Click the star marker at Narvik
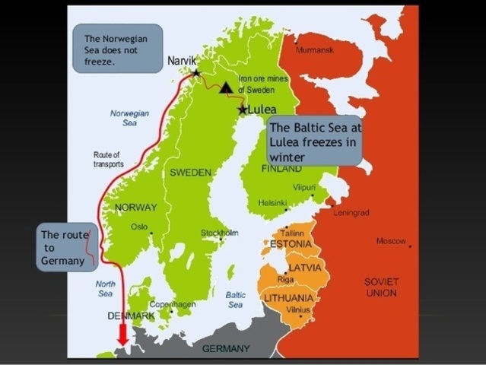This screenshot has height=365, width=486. pos(196,73)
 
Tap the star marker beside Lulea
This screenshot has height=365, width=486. pos(243,109)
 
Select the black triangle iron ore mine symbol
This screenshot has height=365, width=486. pos(226,87)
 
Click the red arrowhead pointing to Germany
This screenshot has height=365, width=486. pos(122,335)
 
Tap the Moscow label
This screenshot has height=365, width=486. pos(391,241)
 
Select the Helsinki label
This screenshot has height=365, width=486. pos(272,203)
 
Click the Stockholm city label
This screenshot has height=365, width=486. pos(219,233)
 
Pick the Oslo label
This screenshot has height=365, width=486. pos(138,226)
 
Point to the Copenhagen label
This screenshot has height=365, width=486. pos(173,303)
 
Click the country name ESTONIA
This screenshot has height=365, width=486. pos(291,244)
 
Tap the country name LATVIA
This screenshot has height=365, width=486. pos(304,268)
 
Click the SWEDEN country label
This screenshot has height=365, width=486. pos(190,173)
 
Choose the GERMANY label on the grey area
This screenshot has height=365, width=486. pos(225,348)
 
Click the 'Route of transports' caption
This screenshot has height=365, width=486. pos(108,159)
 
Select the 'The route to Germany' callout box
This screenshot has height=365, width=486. pos(68,248)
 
